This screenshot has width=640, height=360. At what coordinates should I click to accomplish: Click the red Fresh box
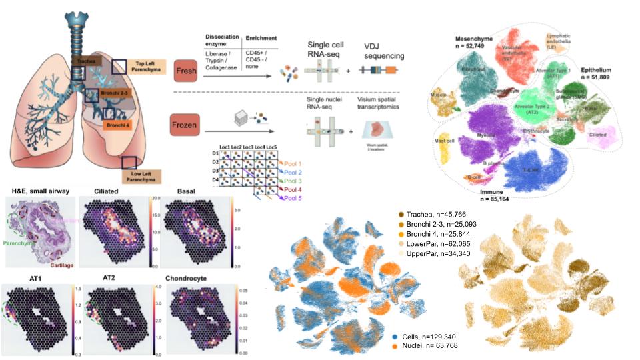coord(185,69)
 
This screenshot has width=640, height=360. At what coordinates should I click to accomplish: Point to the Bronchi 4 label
coord(119,123)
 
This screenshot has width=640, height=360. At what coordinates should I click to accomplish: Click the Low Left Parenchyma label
coord(147,177)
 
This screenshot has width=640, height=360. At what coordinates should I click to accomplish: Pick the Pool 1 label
coord(292,162)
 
